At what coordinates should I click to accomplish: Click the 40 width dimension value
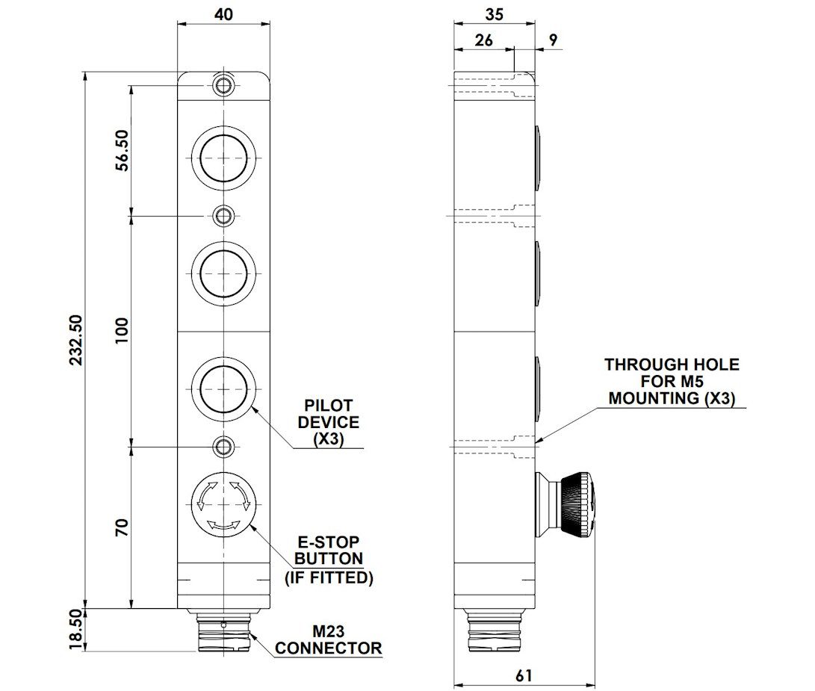click(223, 14)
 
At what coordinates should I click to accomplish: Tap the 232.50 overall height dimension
click(76, 339)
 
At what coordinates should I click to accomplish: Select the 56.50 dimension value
click(122, 150)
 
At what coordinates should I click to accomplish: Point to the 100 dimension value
click(122, 330)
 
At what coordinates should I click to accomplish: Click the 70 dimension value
click(122, 527)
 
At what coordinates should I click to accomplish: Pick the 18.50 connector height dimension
click(76, 630)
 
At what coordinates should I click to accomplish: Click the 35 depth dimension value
click(495, 14)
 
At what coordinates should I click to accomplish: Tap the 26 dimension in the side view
click(483, 40)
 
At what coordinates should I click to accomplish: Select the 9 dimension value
click(553, 40)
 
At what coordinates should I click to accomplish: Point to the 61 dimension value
click(524, 675)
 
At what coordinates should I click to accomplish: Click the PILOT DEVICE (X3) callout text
click(329, 422)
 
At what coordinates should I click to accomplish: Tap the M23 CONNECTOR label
click(329, 640)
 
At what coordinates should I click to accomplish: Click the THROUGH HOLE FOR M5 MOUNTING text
click(672, 382)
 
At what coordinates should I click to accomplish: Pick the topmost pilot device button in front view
click(223, 158)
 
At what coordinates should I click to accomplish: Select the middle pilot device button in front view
click(223, 273)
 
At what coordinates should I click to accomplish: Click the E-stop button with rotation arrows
click(223, 503)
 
